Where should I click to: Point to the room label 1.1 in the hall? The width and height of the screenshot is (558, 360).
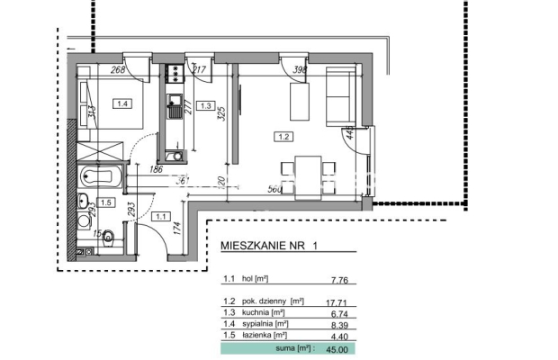162,216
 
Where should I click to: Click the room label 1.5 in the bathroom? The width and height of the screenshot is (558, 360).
105,202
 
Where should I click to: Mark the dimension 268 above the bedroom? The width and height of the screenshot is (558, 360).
117,69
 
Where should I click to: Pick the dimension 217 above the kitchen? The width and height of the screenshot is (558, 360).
200,69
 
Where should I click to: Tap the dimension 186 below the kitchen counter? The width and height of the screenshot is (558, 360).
155,168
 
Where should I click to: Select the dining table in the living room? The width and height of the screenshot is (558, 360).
306,169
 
